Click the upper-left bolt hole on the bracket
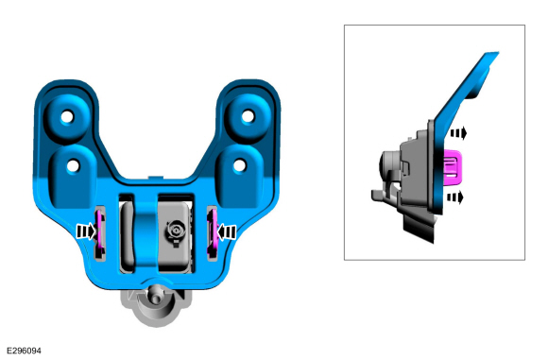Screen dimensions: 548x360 (x=67, y=117)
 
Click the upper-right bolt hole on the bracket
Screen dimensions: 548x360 (x=248, y=116)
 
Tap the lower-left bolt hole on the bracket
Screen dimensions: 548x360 (x=73, y=166)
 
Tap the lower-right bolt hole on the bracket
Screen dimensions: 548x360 (x=240, y=165)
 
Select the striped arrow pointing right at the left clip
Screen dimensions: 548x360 (x=86, y=231)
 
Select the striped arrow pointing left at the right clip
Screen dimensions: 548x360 (x=226, y=231)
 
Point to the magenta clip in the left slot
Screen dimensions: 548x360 (x=100, y=232)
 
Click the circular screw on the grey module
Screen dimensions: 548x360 (x=176, y=231)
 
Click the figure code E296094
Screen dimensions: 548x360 (x=25, y=351)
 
